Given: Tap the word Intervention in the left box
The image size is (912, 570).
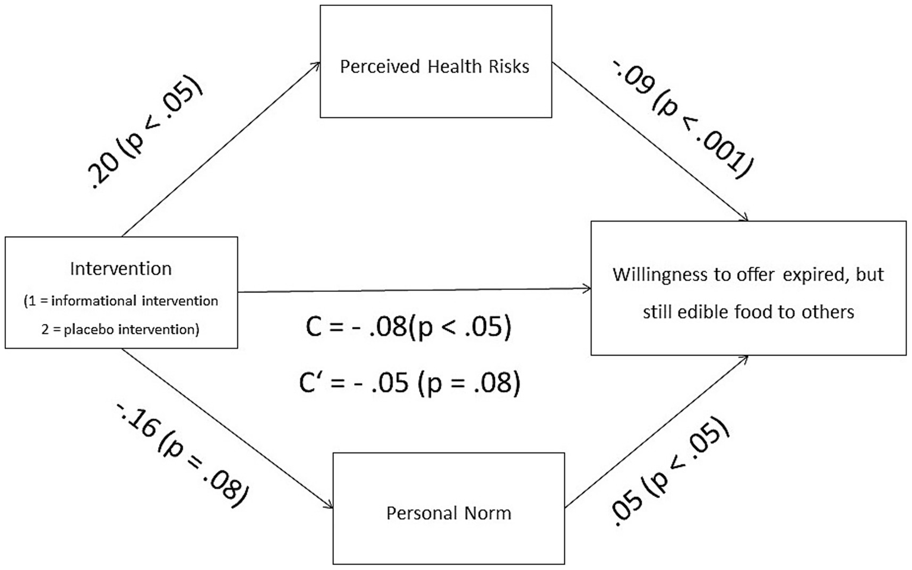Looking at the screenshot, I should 121,269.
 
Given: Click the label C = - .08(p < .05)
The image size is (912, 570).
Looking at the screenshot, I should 408,327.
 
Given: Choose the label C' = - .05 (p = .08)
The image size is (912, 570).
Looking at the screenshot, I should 410,382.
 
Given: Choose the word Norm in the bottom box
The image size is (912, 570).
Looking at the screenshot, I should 489,513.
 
